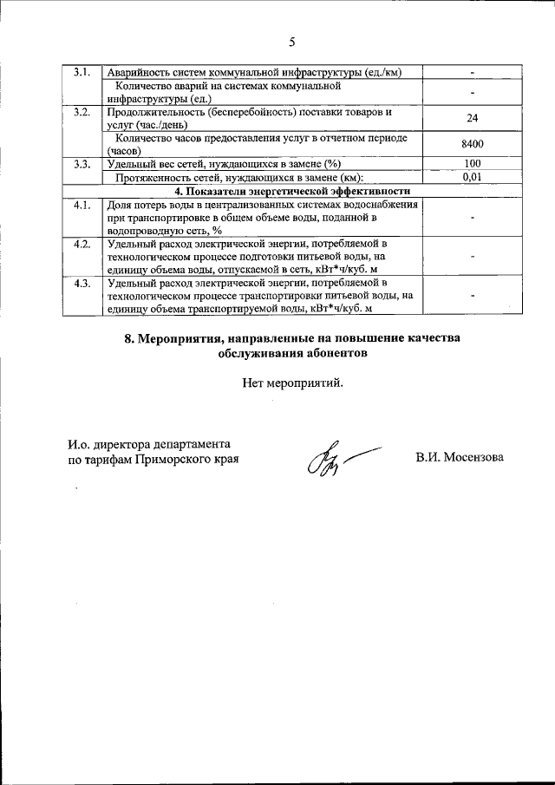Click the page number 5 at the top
[292, 41]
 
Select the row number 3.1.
[82, 72]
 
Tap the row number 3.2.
[82, 112]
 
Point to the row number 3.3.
[82, 163]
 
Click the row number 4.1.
[82, 205]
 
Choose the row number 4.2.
[82, 244]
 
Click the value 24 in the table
[473, 118]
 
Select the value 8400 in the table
[473, 144]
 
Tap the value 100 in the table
[473, 163]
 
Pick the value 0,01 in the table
[473, 176]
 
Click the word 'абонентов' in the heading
[333, 354]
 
